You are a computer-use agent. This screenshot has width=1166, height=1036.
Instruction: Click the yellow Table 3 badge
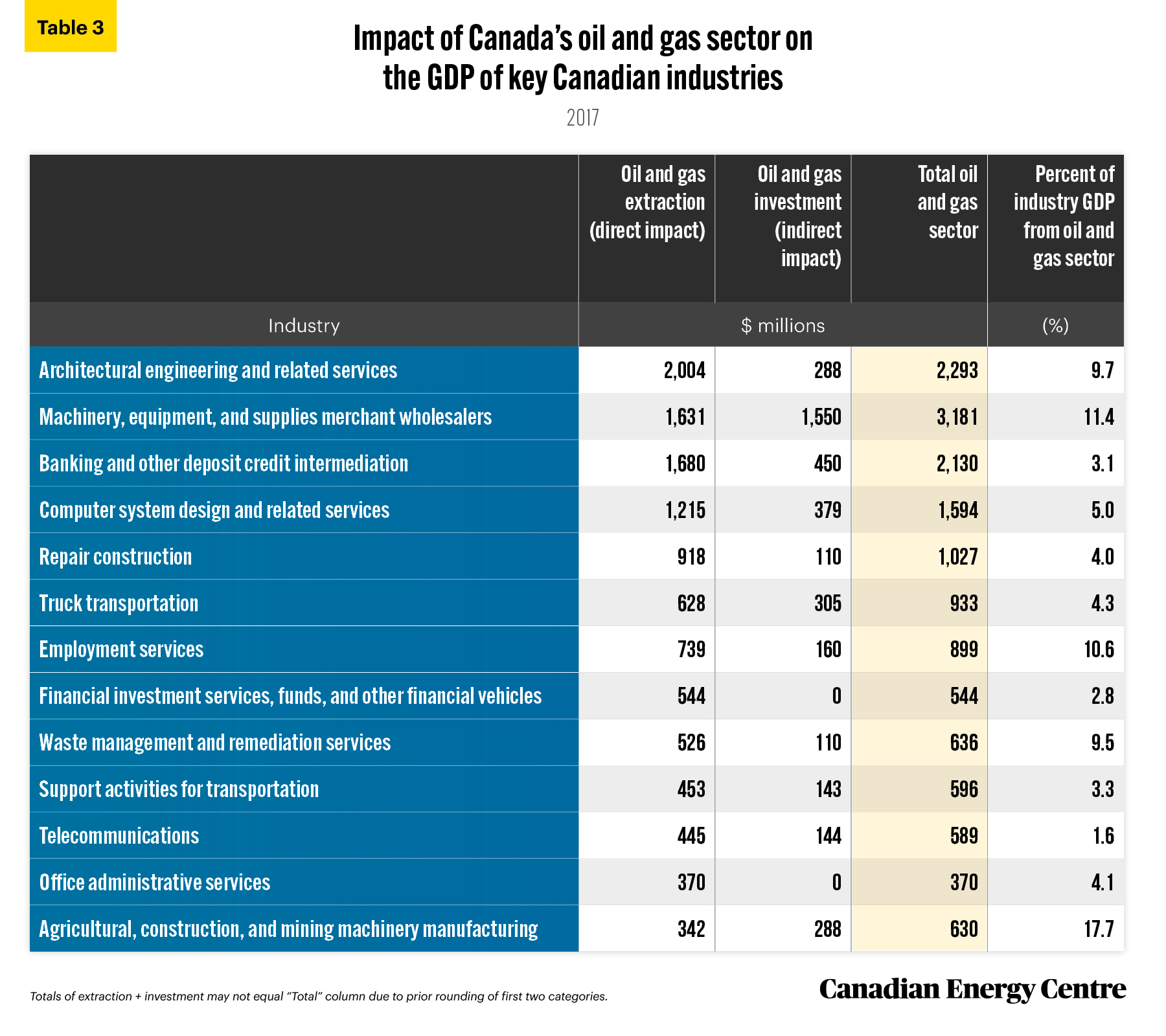click(x=71, y=27)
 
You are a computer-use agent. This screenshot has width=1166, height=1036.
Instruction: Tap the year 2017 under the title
click(x=583, y=118)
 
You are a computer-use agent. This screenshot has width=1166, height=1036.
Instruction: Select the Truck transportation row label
click(x=119, y=603)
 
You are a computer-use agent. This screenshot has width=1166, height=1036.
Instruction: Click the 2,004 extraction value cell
click(x=685, y=370)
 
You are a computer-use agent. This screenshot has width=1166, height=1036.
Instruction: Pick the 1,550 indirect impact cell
click(x=821, y=417)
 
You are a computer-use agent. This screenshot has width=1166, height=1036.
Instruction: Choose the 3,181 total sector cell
click(x=957, y=417)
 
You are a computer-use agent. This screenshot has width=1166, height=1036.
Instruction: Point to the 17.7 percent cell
click(x=1099, y=929)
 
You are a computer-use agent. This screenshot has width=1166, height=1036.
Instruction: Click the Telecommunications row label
click(x=119, y=836)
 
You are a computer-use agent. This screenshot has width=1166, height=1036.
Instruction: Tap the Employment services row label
click(x=121, y=649)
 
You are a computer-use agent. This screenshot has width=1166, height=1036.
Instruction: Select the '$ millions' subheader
click(x=783, y=325)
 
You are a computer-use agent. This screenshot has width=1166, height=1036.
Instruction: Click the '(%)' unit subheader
click(x=1055, y=325)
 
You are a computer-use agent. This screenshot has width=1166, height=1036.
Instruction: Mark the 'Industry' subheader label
click(x=304, y=325)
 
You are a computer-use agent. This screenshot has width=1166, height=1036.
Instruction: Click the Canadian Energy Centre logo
click(x=972, y=989)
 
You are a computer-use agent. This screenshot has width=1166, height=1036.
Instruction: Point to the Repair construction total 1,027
click(x=958, y=557)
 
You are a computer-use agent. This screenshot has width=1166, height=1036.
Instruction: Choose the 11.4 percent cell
click(x=1099, y=417)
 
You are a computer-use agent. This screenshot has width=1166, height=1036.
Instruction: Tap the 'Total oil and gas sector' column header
click(x=948, y=202)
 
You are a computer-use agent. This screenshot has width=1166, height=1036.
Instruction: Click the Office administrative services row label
click(x=155, y=883)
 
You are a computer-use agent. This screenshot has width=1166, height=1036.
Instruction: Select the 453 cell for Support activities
click(x=691, y=789)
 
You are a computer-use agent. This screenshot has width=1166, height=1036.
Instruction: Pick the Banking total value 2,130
click(x=957, y=464)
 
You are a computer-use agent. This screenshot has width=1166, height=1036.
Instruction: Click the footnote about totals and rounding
click(x=319, y=997)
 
